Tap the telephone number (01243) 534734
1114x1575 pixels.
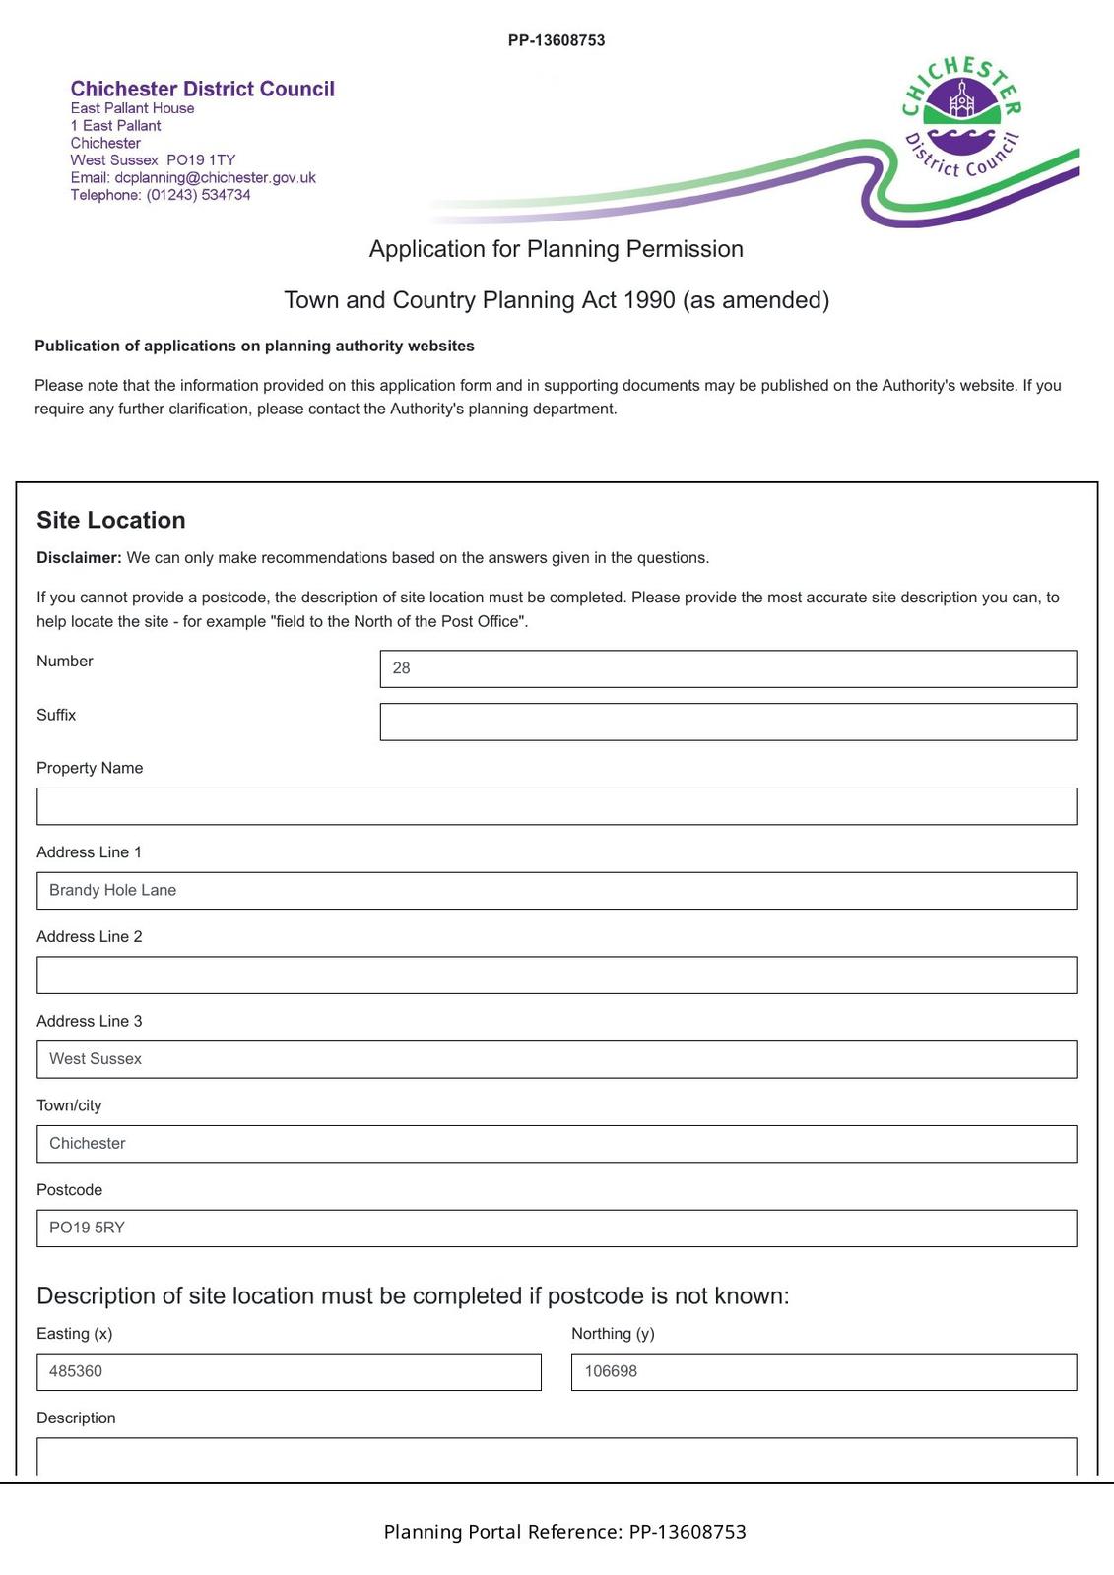pyautogui.click(x=198, y=195)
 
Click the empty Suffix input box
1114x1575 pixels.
pyautogui.click(x=727, y=722)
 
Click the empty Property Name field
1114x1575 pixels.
pyautogui.click(x=556, y=806)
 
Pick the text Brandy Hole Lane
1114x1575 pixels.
pyautogui.click(x=112, y=890)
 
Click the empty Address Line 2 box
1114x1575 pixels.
pyautogui.click(x=556, y=975)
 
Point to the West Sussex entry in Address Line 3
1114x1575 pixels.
pyautogui.click(x=96, y=1059)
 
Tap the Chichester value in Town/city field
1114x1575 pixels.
pyautogui.click(x=88, y=1143)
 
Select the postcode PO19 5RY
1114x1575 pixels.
pyautogui.click(x=87, y=1228)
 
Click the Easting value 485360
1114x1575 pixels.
pyautogui.click(x=76, y=1371)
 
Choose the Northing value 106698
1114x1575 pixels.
pyautogui.click(x=611, y=1371)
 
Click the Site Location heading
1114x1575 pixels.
pyautogui.click(x=111, y=520)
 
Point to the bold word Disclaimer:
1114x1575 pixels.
pyautogui.click(x=79, y=558)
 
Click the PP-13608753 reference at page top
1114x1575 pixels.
pyautogui.click(x=557, y=40)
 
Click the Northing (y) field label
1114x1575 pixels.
pyautogui.click(x=613, y=1334)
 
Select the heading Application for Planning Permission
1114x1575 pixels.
pyautogui.click(x=556, y=249)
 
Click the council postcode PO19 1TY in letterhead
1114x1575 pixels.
pyautogui.click(x=201, y=160)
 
